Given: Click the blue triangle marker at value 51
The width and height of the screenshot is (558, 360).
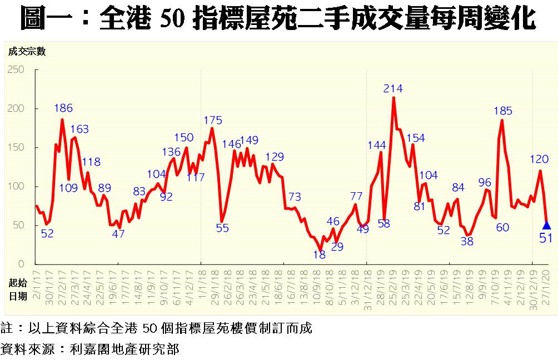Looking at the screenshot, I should coord(547,225).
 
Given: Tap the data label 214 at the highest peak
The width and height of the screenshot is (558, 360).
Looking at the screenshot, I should coord(393,88).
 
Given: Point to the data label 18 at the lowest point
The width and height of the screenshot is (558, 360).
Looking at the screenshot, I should coord(319,255).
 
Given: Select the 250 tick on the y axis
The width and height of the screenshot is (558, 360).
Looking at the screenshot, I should coord(17,69).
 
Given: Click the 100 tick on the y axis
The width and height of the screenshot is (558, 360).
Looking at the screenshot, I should coord(17,186).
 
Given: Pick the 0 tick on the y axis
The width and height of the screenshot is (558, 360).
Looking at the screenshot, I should coord(22,264).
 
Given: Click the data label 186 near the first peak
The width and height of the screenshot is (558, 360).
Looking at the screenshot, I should coord(63,108).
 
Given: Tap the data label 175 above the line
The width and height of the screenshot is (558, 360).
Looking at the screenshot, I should coord(213,120).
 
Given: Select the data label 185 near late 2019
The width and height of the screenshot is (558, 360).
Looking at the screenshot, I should coord(503,111).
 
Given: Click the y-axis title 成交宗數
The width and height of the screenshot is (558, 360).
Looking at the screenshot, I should coord(27,52).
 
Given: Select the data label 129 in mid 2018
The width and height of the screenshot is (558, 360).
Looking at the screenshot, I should coord(275,157).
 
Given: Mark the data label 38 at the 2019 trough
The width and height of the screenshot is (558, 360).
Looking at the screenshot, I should coord(467,241).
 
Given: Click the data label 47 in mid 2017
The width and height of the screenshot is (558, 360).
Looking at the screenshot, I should coord(118,234).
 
